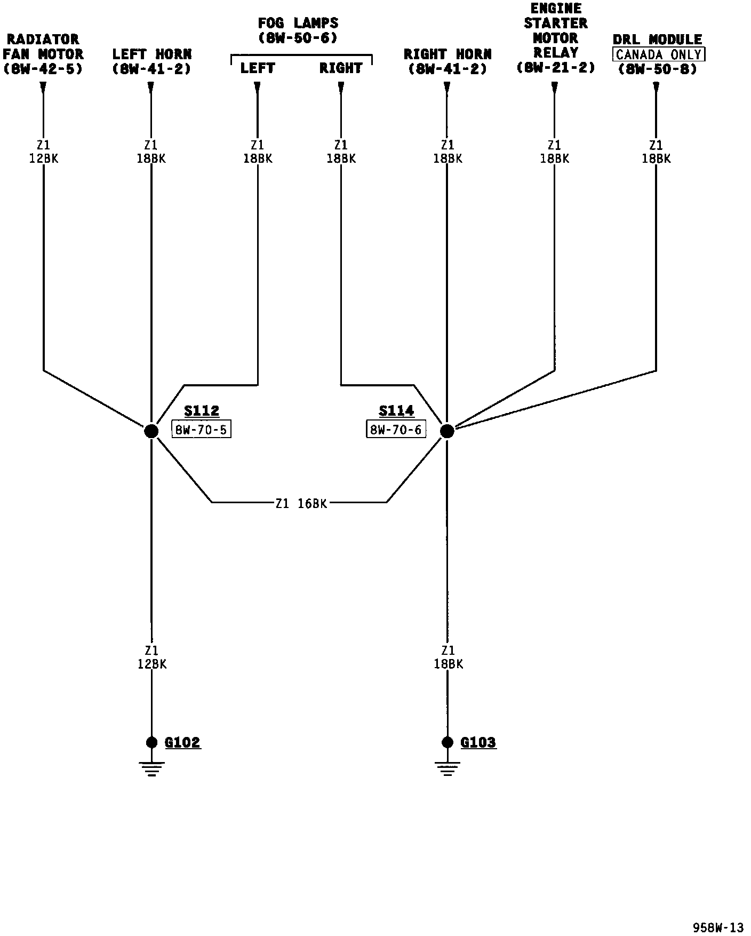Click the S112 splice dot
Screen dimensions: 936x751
[x=151, y=431]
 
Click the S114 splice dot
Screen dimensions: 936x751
[x=447, y=431]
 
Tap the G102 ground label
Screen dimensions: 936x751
[x=182, y=742]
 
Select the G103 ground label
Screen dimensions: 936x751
[x=478, y=742]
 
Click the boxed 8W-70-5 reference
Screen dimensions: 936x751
[x=201, y=430]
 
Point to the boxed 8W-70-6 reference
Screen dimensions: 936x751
[x=396, y=430]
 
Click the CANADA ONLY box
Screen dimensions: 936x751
[x=659, y=54]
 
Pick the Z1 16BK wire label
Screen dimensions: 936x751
[x=301, y=503]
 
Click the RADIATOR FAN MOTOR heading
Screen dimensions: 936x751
[x=43, y=47]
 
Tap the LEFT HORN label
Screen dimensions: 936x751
[x=151, y=54]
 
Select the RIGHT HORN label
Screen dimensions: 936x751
[x=448, y=54]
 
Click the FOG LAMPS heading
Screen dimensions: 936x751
[x=298, y=23]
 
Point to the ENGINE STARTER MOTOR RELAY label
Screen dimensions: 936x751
[x=555, y=31]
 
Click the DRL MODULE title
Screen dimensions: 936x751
[x=657, y=39]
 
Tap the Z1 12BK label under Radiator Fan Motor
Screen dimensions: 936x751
[x=43, y=152]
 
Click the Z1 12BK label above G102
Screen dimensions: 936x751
[x=152, y=657]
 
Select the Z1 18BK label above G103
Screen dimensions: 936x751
[x=448, y=657]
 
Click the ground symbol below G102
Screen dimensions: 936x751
[x=151, y=768]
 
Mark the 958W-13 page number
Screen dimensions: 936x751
[x=718, y=927]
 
